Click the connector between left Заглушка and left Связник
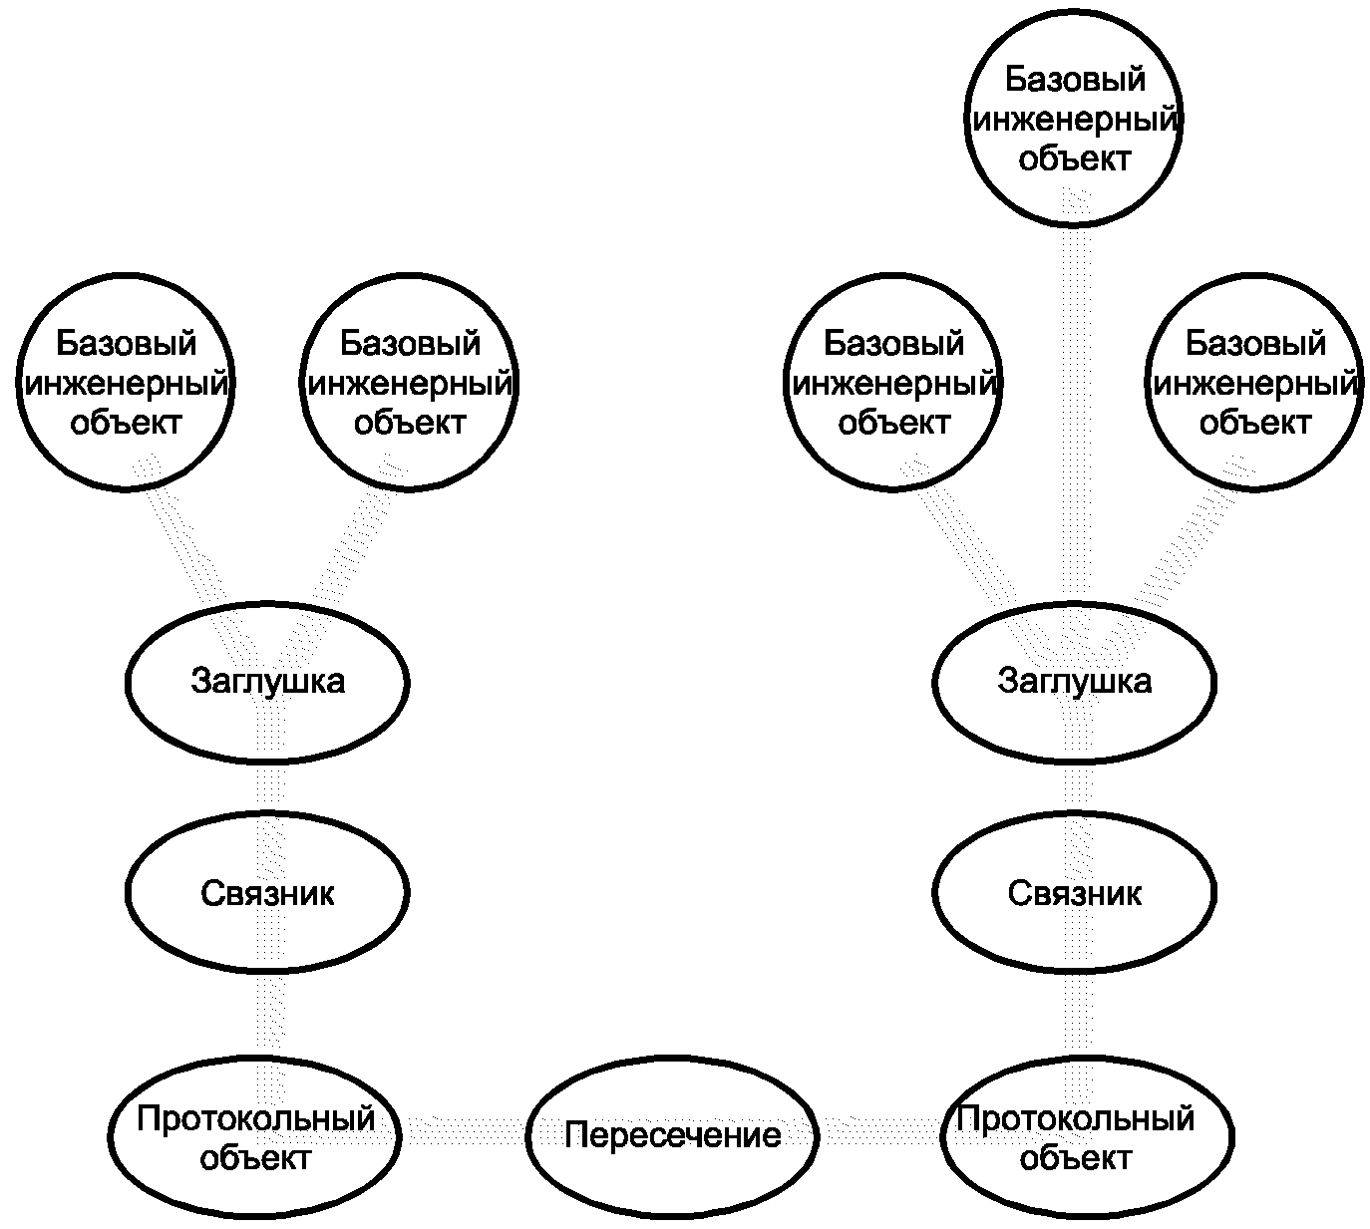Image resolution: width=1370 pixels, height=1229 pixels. (x=270, y=788)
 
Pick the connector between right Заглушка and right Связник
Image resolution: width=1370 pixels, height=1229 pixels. (x=1078, y=788)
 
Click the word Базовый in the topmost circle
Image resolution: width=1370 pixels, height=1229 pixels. (x=1075, y=80)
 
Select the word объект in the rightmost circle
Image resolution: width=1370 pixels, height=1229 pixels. (x=1255, y=424)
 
